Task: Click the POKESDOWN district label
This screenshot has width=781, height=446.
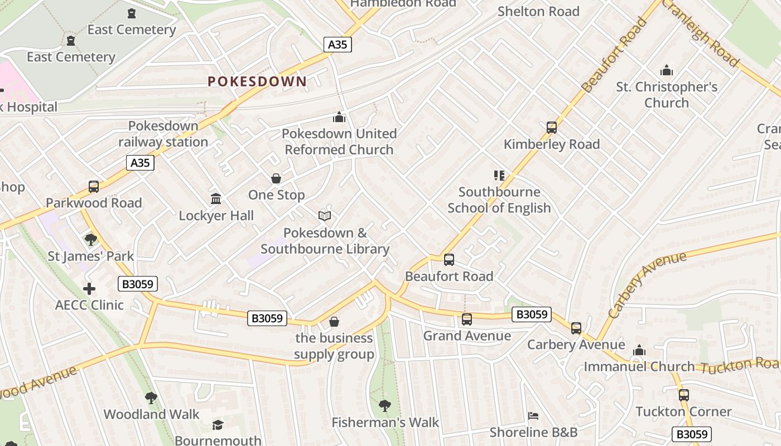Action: [x=257, y=81]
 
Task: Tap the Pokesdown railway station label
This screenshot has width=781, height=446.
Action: [x=163, y=134]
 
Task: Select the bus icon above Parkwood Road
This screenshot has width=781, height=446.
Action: [x=94, y=187]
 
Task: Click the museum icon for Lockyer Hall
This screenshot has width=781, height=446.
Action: [x=216, y=199]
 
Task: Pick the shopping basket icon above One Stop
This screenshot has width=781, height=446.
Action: [x=276, y=178]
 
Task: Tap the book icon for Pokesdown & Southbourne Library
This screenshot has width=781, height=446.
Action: [x=325, y=216]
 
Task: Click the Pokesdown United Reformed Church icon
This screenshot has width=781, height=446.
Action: [x=339, y=118]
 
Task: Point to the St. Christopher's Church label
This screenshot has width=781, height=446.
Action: [x=667, y=95]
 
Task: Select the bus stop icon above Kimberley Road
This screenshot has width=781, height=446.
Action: [x=552, y=128]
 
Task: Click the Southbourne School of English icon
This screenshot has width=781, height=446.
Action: [x=499, y=176]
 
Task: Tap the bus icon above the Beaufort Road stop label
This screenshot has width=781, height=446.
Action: [x=449, y=260]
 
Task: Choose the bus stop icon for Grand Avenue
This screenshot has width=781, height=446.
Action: [x=467, y=319]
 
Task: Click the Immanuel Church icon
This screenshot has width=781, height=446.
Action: [x=639, y=351]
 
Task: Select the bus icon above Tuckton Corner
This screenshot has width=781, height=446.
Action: [x=684, y=395]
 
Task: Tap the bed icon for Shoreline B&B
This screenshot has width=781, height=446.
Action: [x=533, y=416]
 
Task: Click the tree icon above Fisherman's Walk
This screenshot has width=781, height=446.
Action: [x=385, y=405]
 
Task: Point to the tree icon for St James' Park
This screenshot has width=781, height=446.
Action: [x=90, y=240]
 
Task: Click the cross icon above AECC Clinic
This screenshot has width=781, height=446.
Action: [x=89, y=289]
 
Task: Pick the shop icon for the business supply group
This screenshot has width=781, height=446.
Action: [x=334, y=322]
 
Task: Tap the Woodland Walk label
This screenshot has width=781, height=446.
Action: [x=151, y=414]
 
